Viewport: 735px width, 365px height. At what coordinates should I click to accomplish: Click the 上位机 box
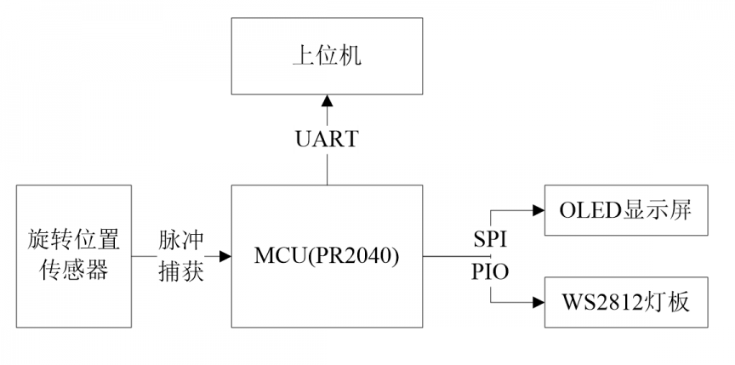[327, 56]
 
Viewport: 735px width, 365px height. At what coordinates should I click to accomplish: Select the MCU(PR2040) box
[327, 256]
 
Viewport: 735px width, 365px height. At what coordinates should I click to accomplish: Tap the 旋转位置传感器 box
[74, 256]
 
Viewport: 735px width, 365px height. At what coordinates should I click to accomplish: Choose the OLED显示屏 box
[626, 210]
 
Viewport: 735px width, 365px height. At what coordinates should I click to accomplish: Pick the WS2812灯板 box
[626, 302]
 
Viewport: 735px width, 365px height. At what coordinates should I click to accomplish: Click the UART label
[327, 140]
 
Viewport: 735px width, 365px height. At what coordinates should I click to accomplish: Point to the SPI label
[490, 240]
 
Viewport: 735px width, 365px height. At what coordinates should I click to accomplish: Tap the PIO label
[490, 272]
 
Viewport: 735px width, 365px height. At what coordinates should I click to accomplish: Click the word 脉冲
[181, 240]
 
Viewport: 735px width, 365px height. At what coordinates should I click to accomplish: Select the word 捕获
[181, 271]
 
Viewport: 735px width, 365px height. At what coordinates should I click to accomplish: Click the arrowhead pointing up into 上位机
[327, 100]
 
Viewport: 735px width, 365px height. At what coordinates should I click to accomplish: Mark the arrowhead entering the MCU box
[225, 256]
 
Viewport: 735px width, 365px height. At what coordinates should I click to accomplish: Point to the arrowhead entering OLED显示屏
[538, 210]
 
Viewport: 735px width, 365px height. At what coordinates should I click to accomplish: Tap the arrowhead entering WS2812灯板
[538, 303]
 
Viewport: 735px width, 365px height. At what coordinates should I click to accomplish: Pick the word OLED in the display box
[590, 211]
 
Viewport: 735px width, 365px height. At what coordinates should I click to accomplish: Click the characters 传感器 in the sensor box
[74, 271]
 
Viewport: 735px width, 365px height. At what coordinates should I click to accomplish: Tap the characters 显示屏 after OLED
[657, 210]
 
